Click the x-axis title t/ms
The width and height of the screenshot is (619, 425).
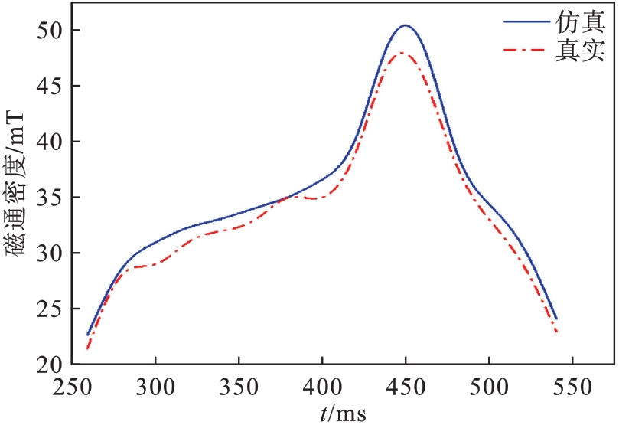(x=343, y=414)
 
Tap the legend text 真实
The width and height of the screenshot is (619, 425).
(x=580, y=51)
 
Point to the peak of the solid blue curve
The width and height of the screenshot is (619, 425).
(x=406, y=25)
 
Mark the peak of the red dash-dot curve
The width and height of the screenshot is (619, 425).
(x=402, y=53)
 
